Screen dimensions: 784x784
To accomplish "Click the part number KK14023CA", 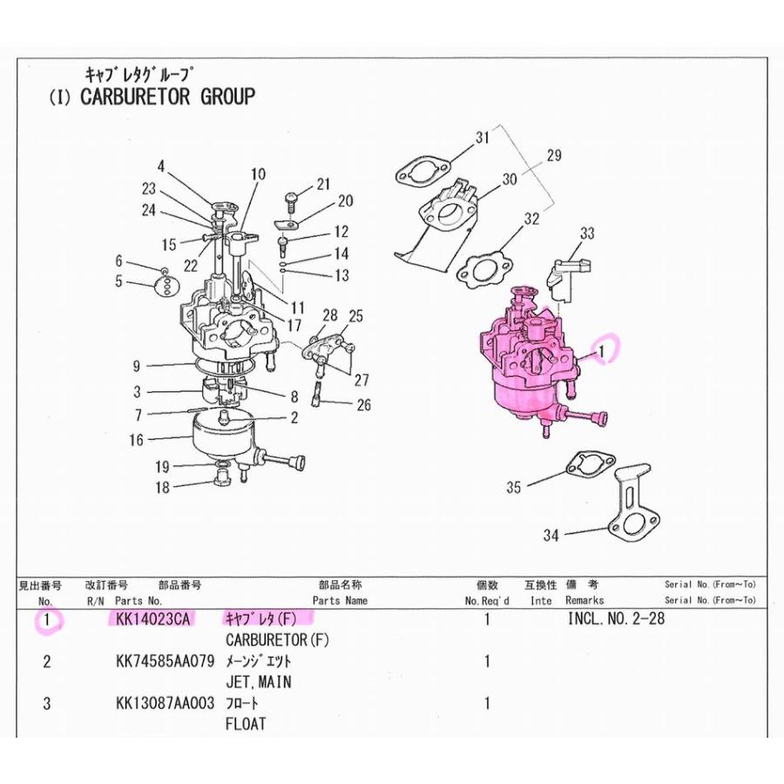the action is click(153, 619).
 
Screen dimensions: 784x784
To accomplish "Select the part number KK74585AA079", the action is click(165, 661).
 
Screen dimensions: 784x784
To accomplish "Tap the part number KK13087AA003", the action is click(165, 703).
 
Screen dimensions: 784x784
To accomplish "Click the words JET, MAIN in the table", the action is click(259, 682).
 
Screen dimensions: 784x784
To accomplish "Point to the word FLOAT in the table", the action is click(246, 724).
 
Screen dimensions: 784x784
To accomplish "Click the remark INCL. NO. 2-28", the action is click(617, 618).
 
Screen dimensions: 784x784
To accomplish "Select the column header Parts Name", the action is click(340, 600).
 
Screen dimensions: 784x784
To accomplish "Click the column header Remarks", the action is click(585, 600).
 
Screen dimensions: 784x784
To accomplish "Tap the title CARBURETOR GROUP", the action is click(168, 97).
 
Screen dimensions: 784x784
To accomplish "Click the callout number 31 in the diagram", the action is click(483, 137).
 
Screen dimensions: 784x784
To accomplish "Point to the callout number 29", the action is click(554, 156).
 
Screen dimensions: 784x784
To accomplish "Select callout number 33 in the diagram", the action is click(587, 233).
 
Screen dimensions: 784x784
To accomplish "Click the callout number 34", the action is click(551, 536).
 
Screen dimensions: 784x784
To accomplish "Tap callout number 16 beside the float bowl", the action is click(136, 440).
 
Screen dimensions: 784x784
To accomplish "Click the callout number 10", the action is click(258, 174).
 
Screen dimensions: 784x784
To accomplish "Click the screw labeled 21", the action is click(292, 202).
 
